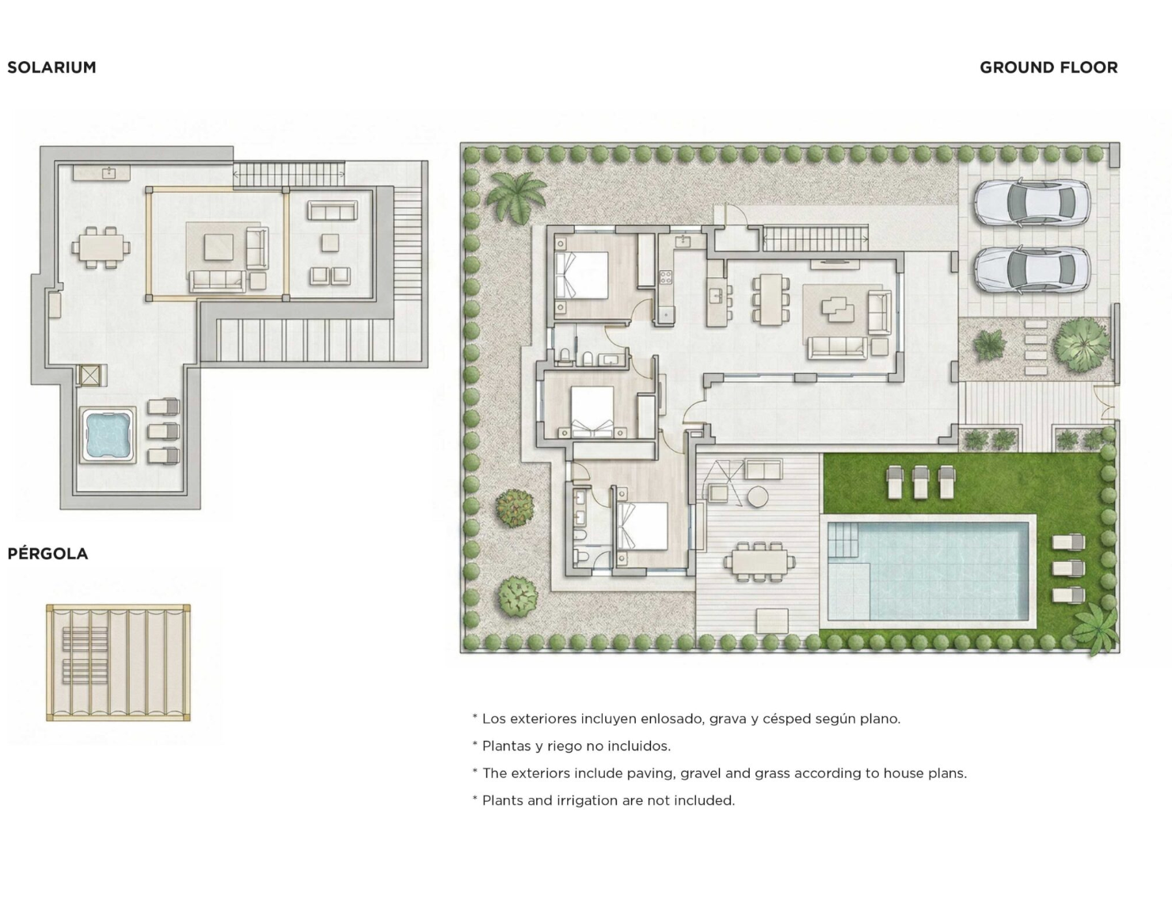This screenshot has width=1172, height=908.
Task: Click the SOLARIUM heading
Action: pyautogui.click(x=51, y=67)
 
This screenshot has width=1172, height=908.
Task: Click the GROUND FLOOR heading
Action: pyautogui.click(x=1048, y=67)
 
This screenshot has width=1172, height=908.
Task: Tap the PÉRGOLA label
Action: pyautogui.click(x=48, y=554)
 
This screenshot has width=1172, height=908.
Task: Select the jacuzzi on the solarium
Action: pyautogui.click(x=108, y=435)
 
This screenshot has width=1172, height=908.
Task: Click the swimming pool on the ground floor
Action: pyautogui.click(x=927, y=570)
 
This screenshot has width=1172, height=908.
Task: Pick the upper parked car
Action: pyautogui.click(x=1033, y=204)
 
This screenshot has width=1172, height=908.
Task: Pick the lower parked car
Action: pyautogui.click(x=1033, y=269)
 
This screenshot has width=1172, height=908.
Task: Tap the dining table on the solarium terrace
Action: pyautogui.click(x=101, y=248)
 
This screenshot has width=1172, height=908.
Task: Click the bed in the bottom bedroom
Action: pyautogui.click(x=641, y=526)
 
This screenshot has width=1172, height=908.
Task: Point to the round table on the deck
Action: pyautogui.click(x=757, y=497)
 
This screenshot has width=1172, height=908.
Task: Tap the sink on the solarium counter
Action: pyautogui.click(x=109, y=172)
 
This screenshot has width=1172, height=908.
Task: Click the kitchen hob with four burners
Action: pyautogui.click(x=665, y=277)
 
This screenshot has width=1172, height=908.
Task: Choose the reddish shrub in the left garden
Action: pyautogui.click(x=515, y=508)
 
